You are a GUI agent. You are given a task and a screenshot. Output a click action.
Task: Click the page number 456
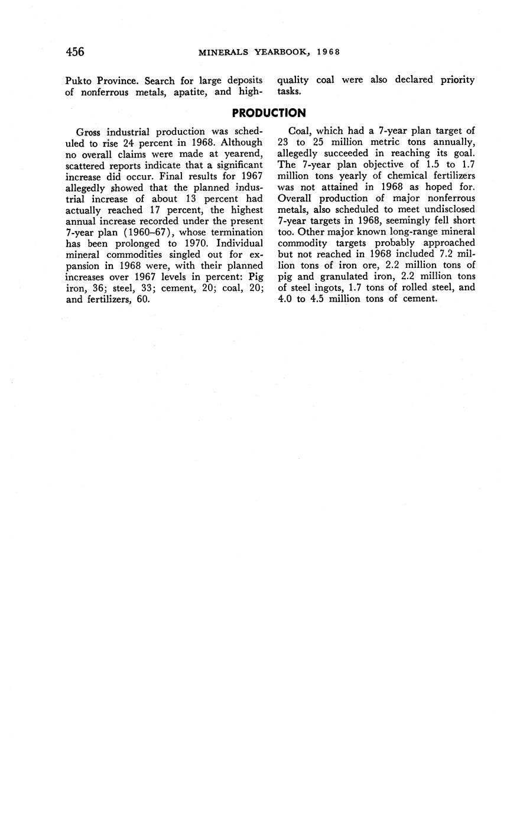(x=75, y=52)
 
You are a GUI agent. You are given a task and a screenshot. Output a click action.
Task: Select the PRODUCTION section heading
(x=269, y=113)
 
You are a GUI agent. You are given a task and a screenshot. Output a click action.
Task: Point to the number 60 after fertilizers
(x=142, y=299)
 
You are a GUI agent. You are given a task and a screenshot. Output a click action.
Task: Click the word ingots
(x=326, y=288)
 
